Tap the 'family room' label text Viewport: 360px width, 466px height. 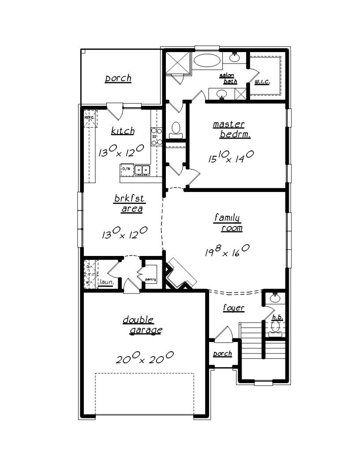click(x=228, y=222)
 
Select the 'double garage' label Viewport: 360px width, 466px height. click(x=142, y=325)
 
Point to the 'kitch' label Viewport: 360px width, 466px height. click(x=123, y=131)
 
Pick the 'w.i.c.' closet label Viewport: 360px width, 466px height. click(x=262, y=82)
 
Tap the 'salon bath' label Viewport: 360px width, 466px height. click(x=228, y=79)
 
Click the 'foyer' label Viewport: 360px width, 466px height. click(x=233, y=308)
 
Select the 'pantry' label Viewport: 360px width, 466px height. click(x=150, y=279)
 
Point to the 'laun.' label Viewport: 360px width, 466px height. click(x=106, y=282)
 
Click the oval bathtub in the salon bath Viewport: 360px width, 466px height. click(x=208, y=61)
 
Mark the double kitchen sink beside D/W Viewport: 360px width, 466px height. click(x=142, y=169)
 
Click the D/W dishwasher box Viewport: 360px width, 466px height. click(x=126, y=169)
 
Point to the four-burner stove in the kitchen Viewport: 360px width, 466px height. click(x=156, y=136)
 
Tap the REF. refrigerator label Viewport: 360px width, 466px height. click(x=89, y=118)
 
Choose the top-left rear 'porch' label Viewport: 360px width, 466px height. click(x=118, y=79)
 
